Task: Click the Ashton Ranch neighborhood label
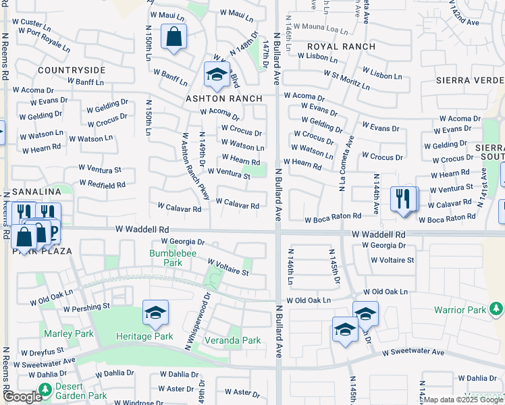(x=224, y=99)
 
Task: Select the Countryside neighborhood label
(x=72, y=70)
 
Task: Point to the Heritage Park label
(x=146, y=336)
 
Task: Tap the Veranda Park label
(x=233, y=341)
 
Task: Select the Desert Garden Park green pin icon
(x=45, y=389)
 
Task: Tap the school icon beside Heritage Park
(x=155, y=313)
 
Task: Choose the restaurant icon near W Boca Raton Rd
(x=404, y=199)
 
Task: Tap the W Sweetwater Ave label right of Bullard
(x=413, y=352)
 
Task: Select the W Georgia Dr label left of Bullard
(x=183, y=242)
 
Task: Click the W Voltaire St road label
(x=228, y=267)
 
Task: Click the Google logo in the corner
(x=22, y=397)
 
